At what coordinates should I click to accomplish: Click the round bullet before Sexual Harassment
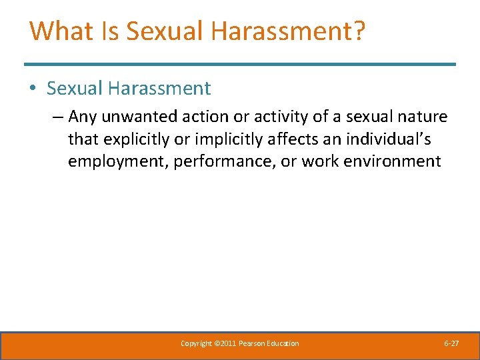click(35, 89)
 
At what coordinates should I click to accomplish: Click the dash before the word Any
click(57, 117)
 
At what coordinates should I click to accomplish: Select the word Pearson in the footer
click(256, 343)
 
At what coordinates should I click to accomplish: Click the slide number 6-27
click(451, 343)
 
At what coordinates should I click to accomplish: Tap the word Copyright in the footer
click(196, 343)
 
